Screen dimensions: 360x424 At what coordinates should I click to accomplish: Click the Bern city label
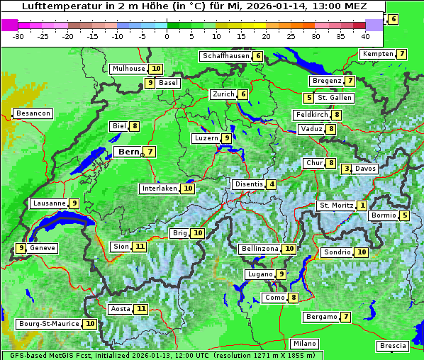pos(128,152)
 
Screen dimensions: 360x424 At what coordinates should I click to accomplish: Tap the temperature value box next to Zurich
pos(243,94)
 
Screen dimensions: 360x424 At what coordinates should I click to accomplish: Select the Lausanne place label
pos(49,203)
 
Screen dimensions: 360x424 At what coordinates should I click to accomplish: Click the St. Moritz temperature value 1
pos(362,206)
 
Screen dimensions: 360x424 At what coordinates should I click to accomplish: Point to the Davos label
pos(365,169)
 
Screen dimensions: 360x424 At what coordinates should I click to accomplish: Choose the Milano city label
pos(305,344)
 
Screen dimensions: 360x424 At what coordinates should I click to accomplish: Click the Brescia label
pos(393,346)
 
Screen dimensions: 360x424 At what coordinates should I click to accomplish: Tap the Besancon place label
pos(33,113)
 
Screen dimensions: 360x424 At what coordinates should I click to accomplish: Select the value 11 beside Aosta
pos(142,309)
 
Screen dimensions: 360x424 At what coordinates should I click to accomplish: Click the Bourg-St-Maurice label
pos(48,324)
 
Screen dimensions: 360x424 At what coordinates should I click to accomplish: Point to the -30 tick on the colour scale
pos(18,35)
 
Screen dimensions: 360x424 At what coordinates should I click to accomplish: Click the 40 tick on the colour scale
pos(365,35)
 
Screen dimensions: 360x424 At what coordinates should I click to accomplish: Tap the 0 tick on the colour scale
pos(167,35)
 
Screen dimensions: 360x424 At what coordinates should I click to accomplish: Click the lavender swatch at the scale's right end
pos(374,24)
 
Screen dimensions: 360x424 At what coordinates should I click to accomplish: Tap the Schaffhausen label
pos(225,56)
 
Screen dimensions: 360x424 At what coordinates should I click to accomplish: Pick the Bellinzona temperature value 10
pos(289,249)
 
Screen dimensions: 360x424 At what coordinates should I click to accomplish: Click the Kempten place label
pos(377,54)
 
